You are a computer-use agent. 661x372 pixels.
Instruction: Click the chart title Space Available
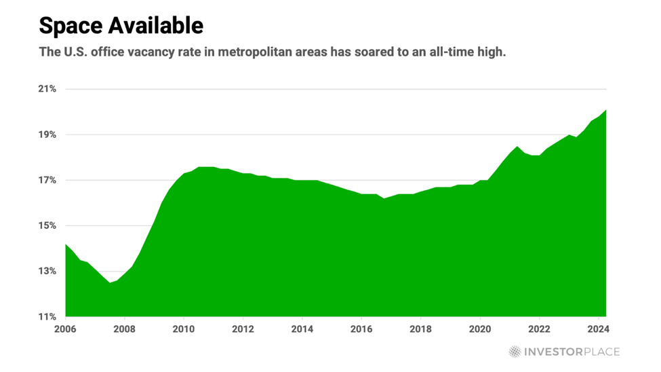tap(121, 26)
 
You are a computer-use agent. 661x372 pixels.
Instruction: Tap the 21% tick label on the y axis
tap(47, 89)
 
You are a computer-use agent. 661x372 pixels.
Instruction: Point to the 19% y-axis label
tap(47, 134)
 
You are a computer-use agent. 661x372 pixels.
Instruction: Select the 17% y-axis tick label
tap(47, 180)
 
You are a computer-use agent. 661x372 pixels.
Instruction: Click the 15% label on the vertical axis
tap(47, 225)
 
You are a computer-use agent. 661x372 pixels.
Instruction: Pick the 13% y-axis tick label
tap(47, 271)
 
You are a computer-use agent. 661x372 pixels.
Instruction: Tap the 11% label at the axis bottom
tap(47, 316)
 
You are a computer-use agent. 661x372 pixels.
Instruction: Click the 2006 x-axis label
tap(66, 330)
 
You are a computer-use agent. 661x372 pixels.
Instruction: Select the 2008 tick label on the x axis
tap(124, 330)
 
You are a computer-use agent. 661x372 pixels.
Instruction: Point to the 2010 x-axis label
tap(183, 330)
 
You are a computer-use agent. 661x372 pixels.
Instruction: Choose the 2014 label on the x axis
tap(302, 330)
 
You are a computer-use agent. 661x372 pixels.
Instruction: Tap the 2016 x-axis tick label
tap(361, 330)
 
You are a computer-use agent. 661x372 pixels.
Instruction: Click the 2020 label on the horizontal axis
tap(480, 330)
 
